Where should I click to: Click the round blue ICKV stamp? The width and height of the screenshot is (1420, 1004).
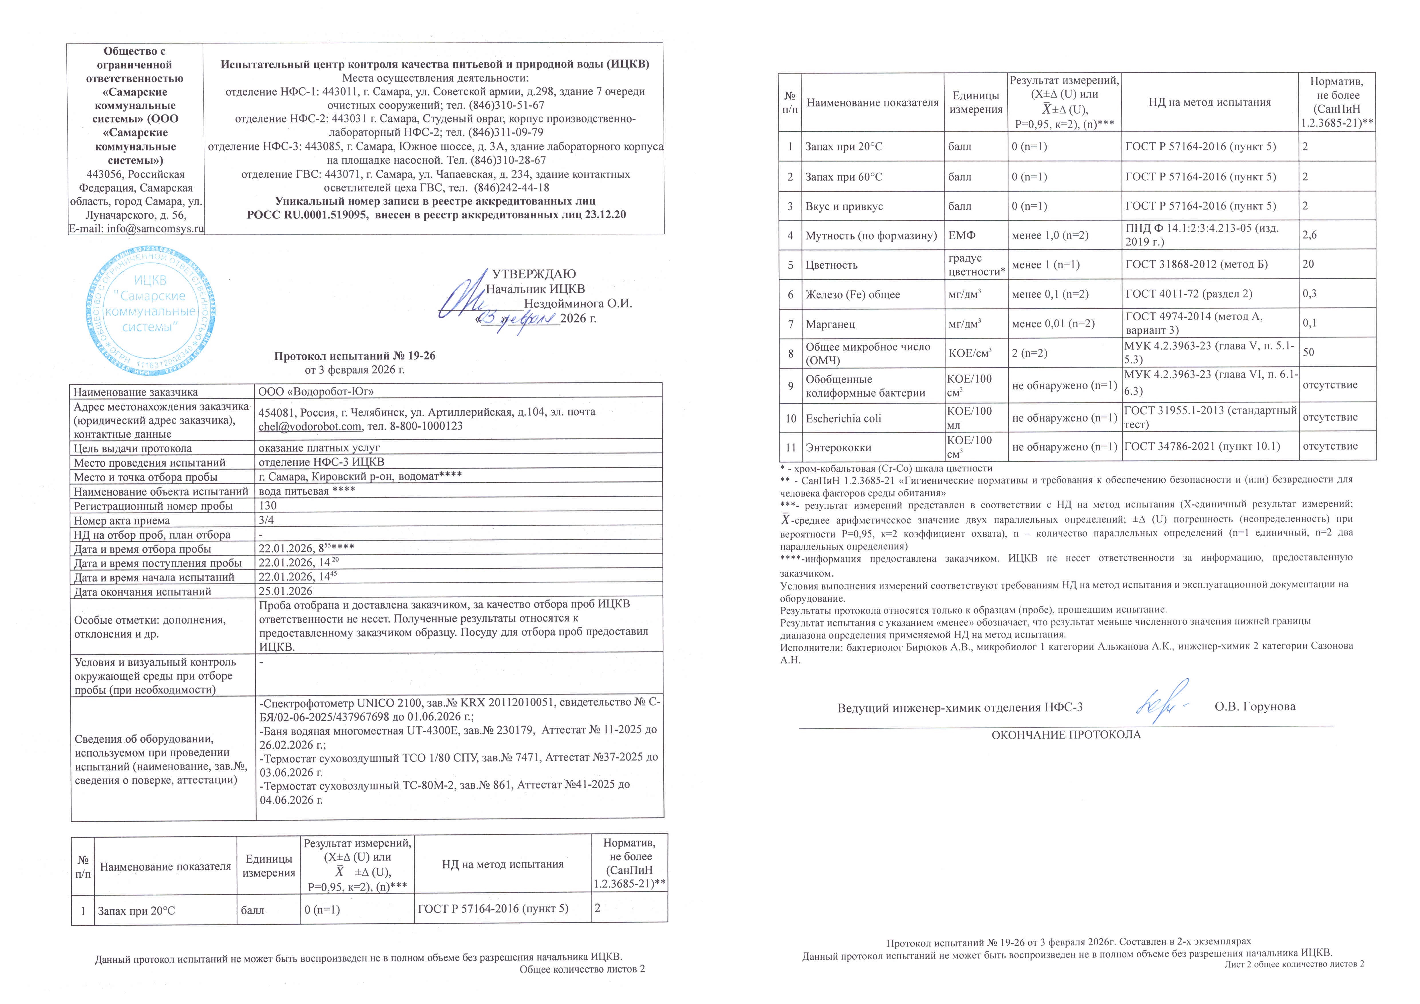tap(150, 311)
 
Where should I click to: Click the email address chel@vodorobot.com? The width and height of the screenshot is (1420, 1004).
tap(309, 426)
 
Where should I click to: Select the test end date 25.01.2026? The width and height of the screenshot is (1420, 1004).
tap(285, 591)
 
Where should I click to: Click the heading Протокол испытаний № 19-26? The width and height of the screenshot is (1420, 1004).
tap(354, 356)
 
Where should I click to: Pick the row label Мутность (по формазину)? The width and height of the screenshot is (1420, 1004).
tap(871, 236)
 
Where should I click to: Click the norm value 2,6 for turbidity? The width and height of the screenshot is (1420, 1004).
tap(1309, 235)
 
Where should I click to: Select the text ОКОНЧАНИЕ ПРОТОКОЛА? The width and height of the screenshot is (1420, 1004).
tap(1066, 735)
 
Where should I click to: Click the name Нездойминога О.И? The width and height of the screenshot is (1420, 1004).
tap(578, 304)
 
